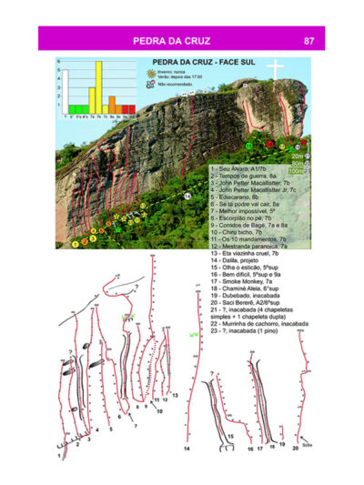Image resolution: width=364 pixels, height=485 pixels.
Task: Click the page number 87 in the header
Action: (x=309, y=40)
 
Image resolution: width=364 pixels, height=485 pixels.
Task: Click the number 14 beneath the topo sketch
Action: (x=186, y=450)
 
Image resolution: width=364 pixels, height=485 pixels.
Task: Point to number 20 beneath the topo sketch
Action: (x=283, y=446)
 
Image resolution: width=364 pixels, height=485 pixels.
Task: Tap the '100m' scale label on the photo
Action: (x=293, y=170)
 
